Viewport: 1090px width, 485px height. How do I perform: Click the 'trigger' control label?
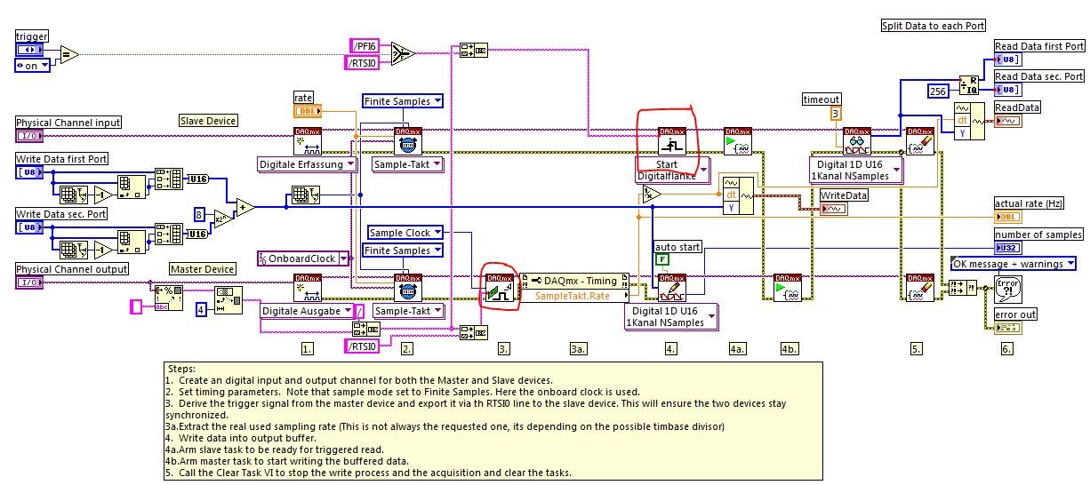point(32,36)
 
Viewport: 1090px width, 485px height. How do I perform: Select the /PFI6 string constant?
point(365,44)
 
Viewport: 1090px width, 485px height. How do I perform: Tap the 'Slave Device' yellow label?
point(208,121)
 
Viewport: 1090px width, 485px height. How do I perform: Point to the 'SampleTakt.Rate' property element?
point(573,296)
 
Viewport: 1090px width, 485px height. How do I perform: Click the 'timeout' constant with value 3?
point(835,114)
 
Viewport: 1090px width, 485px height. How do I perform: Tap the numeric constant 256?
point(937,91)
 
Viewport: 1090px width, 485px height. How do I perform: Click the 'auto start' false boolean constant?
point(661,259)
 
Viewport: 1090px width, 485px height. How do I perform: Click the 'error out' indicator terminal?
point(1007,329)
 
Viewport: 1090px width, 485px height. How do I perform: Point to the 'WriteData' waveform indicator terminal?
point(835,209)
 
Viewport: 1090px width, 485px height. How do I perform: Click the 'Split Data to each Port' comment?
point(933,26)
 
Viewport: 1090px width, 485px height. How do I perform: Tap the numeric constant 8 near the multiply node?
point(200,213)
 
